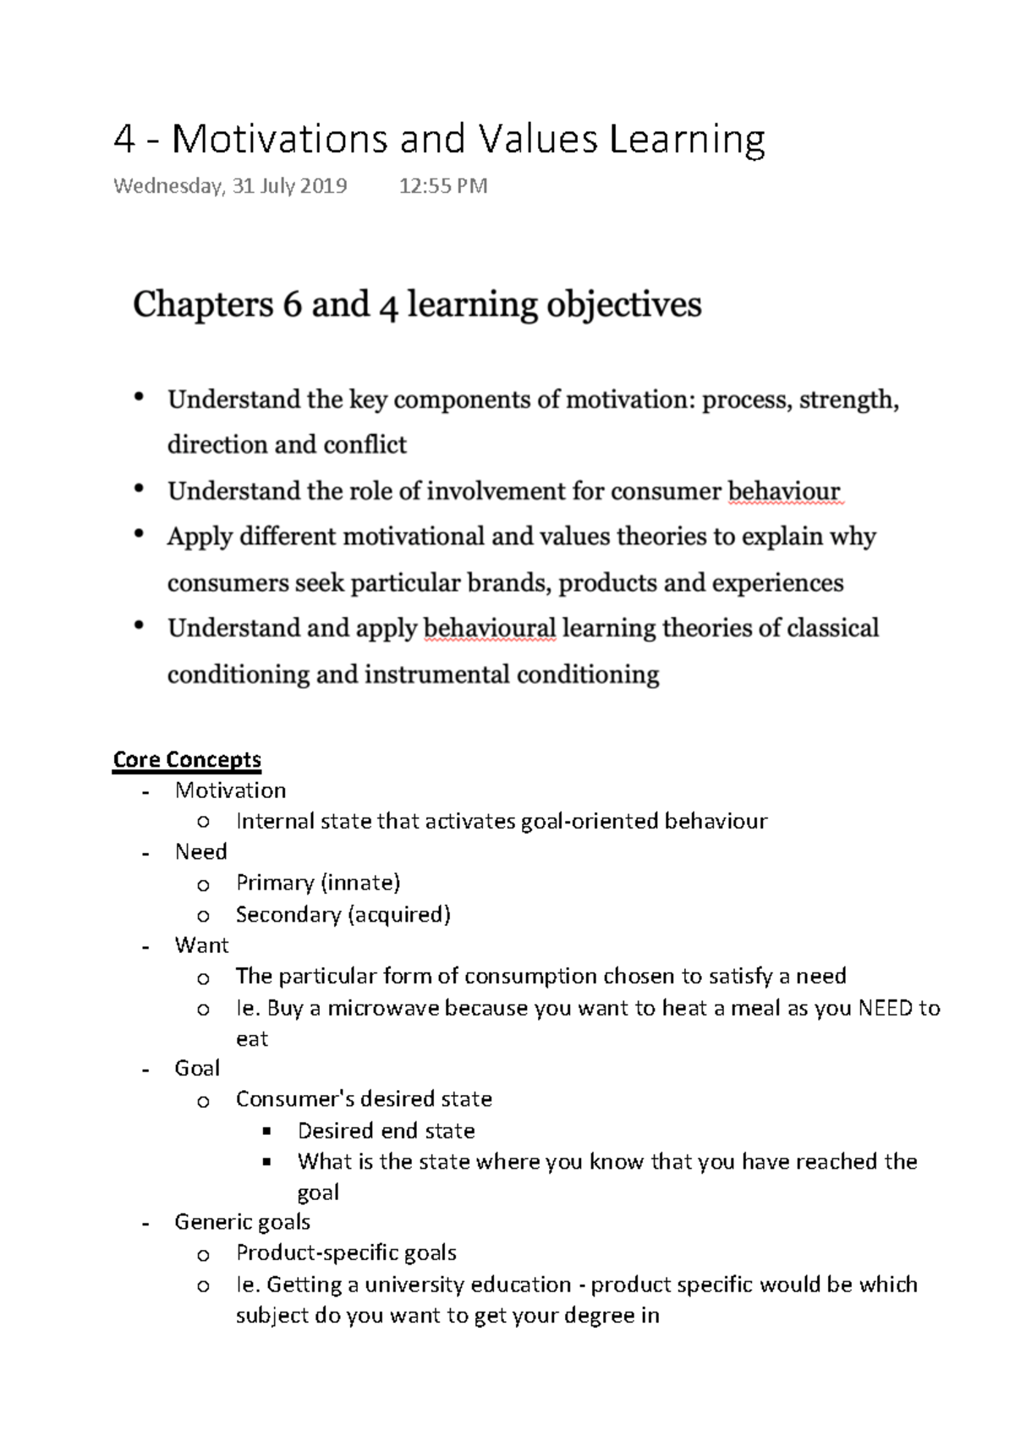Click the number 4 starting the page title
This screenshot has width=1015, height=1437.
[123, 140]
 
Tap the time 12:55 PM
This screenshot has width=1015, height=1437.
[442, 186]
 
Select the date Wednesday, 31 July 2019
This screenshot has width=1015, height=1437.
[230, 186]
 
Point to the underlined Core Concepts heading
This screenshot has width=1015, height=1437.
[187, 759]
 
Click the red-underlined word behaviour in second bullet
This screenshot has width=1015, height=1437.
[784, 492]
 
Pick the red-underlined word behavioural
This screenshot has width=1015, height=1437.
[489, 628]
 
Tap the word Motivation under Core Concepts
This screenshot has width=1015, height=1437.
[230, 790]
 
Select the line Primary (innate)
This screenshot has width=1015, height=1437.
[317, 883]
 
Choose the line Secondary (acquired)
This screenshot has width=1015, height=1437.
[343, 914]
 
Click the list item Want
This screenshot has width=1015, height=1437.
[201, 945]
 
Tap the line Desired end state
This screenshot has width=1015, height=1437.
[386, 1131]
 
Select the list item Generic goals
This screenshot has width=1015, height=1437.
[242, 1222]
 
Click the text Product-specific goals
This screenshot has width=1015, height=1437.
[346, 1253]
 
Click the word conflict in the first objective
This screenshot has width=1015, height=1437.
[366, 445]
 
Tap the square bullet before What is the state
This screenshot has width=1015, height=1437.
[267, 1162]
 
